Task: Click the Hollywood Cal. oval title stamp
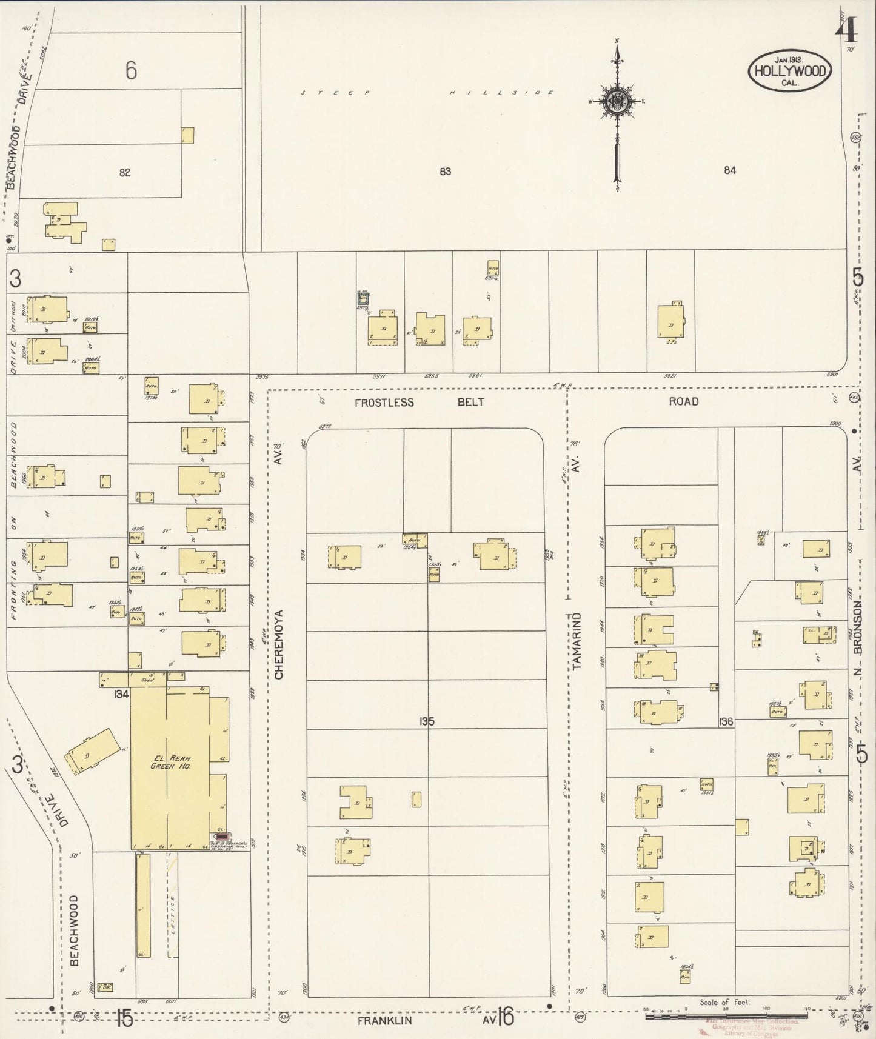[789, 71]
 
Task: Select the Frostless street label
[384, 403]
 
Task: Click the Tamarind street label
[577, 641]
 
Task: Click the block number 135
[426, 722]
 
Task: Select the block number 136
[726, 722]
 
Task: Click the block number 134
[120, 695]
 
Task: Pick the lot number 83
[445, 172]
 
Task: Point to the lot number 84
[729, 170]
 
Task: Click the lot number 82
[125, 172]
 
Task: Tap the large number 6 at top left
[130, 72]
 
